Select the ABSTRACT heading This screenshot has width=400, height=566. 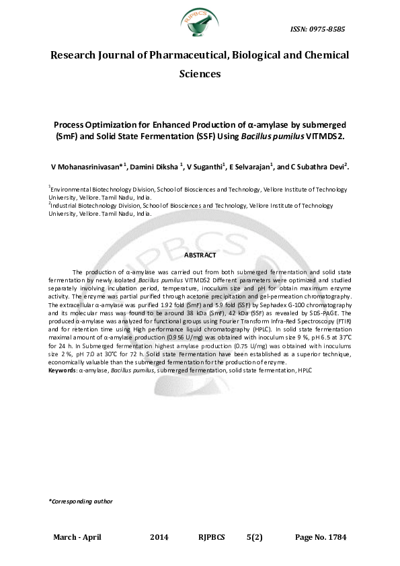coord(200,255)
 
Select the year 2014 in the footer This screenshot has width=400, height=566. coord(160,538)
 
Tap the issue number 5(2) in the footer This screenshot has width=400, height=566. coord(255,538)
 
